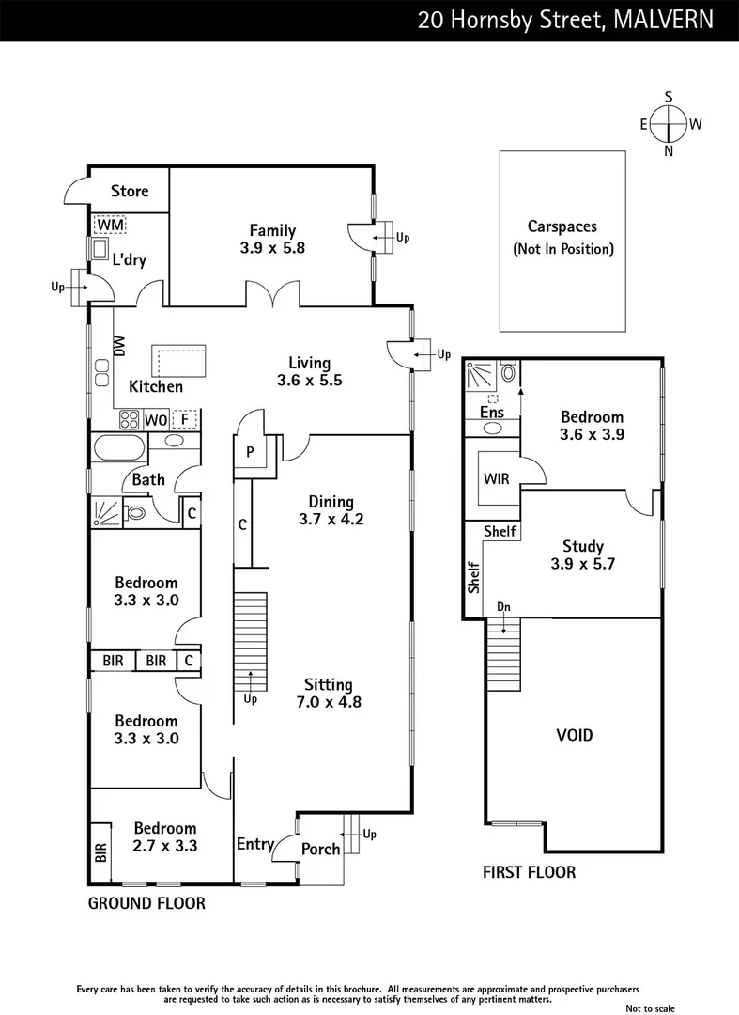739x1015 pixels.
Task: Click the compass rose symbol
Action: coord(669,123)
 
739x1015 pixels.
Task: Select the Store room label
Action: coord(130,191)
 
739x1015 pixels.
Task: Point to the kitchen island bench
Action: coord(178,360)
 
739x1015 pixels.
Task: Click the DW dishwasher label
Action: coord(119,347)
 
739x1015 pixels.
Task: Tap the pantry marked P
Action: coord(250,452)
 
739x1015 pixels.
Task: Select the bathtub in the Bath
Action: coord(118,445)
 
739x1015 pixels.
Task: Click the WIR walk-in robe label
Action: coord(496,478)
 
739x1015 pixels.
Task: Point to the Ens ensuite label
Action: coord(491,412)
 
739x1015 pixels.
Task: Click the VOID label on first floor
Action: coord(574,735)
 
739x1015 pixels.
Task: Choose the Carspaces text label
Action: coord(562,226)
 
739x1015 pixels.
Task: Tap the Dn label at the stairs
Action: coord(504,608)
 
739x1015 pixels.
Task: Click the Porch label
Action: coord(320,850)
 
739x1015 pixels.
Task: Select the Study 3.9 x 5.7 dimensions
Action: coord(582,564)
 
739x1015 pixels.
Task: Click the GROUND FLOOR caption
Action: coord(146,903)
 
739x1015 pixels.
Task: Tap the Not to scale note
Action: coord(651,1008)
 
